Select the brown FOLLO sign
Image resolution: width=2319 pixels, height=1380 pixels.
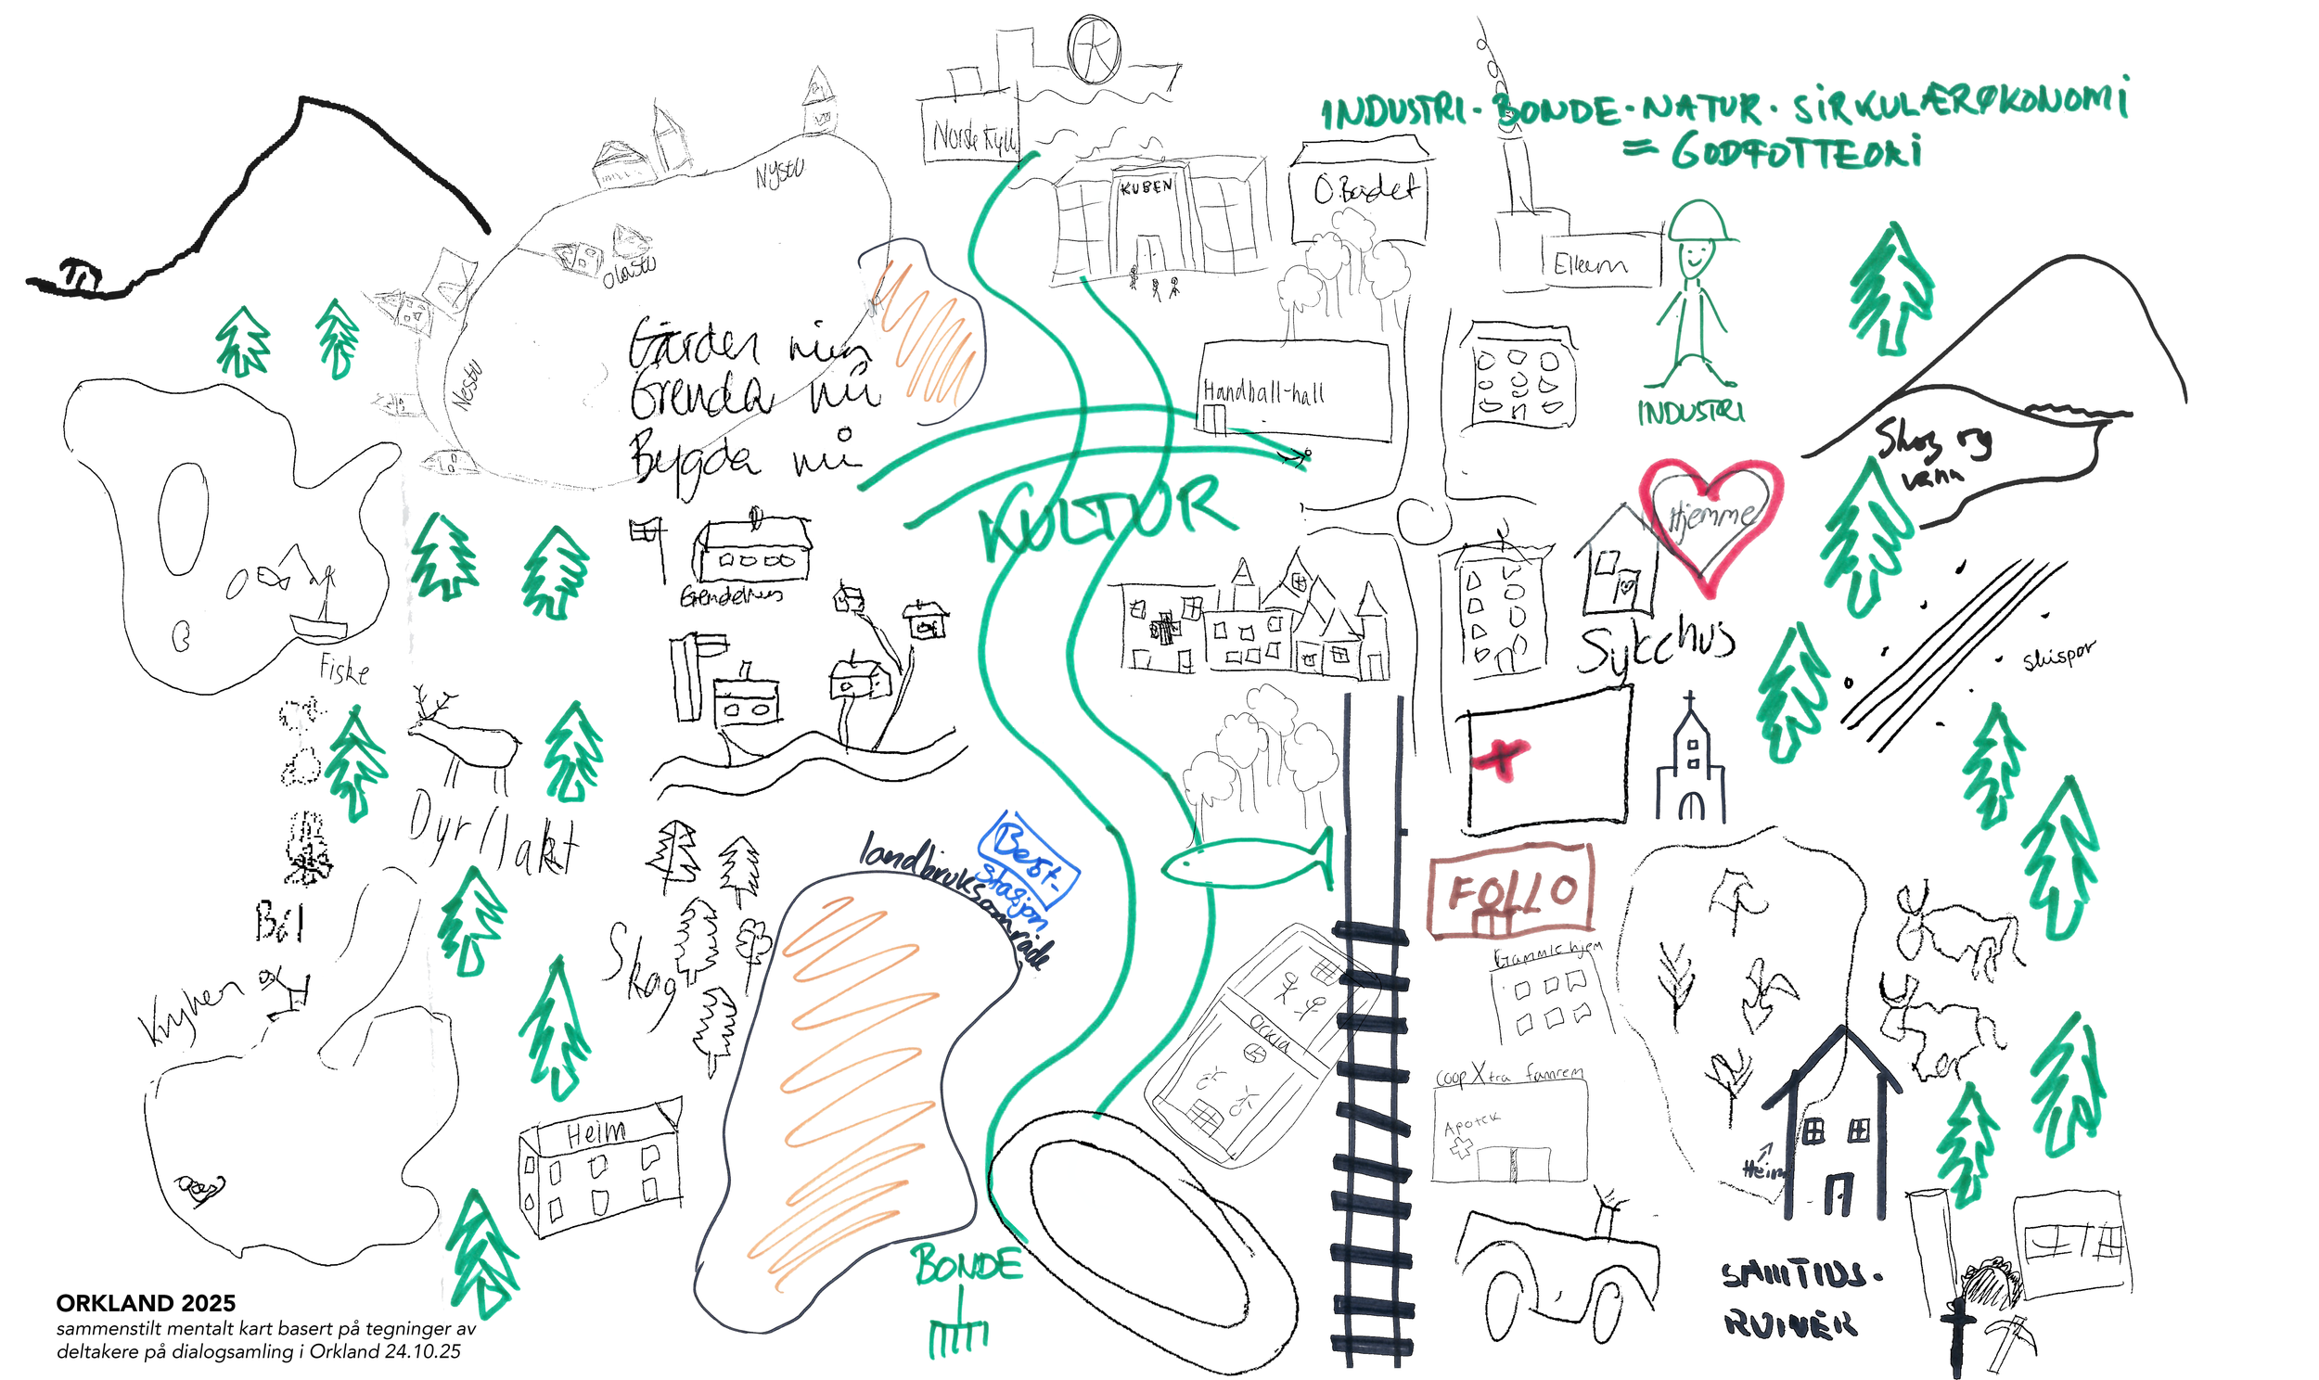pyautogui.click(x=1512, y=892)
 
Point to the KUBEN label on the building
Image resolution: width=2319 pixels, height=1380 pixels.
pyautogui.click(x=1146, y=186)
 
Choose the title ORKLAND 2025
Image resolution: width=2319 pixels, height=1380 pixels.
pyautogui.click(x=146, y=1302)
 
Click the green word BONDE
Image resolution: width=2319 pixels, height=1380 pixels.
pyautogui.click(x=967, y=1266)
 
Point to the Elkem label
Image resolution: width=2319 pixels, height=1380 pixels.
pyautogui.click(x=1589, y=265)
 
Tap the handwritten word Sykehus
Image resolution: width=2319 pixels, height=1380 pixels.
pyautogui.click(x=1655, y=646)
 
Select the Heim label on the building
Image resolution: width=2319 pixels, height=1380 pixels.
pyautogui.click(x=596, y=1132)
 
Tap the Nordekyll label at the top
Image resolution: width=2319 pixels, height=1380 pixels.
pyautogui.click(x=974, y=137)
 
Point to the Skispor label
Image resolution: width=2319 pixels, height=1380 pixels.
pyautogui.click(x=2058, y=656)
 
